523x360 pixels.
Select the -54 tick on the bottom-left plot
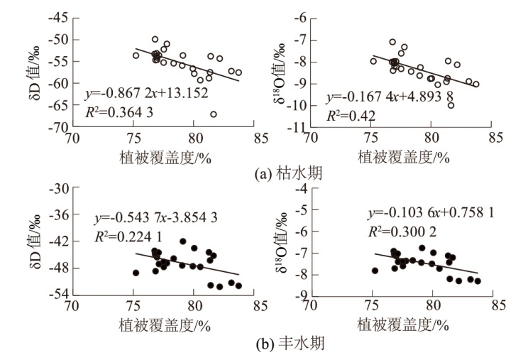pyautogui.click(x=60, y=294)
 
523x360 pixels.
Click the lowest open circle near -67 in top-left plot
pyautogui.click(x=214, y=114)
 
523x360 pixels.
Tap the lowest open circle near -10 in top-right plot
pyautogui.click(x=451, y=105)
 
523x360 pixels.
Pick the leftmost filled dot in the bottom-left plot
pyautogui.click(x=136, y=273)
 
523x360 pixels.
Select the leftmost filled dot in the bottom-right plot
pyautogui.click(x=375, y=271)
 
